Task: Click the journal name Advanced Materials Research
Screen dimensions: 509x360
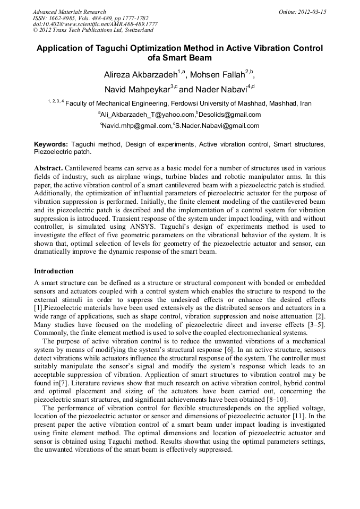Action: click(69, 12)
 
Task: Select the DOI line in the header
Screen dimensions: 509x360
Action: click(95, 24)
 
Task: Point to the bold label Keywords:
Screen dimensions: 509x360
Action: click(51, 144)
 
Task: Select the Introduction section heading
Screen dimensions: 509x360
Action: click(54, 271)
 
